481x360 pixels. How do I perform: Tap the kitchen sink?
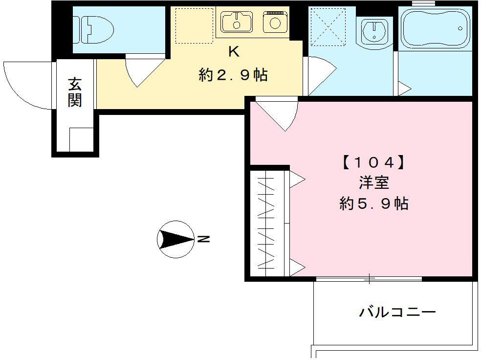[x=237, y=22]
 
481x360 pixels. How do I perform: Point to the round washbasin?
[x=375, y=30]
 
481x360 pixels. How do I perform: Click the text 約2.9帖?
[x=233, y=75]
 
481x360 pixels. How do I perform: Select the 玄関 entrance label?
[x=75, y=92]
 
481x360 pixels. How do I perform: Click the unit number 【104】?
[x=374, y=162]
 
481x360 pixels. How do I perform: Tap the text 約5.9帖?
[x=374, y=203]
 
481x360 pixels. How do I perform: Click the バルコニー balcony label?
[x=397, y=312]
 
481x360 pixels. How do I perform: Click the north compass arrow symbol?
[x=175, y=239]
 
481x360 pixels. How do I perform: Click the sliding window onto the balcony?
[x=369, y=279]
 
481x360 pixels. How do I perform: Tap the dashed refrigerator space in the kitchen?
[x=194, y=23]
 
